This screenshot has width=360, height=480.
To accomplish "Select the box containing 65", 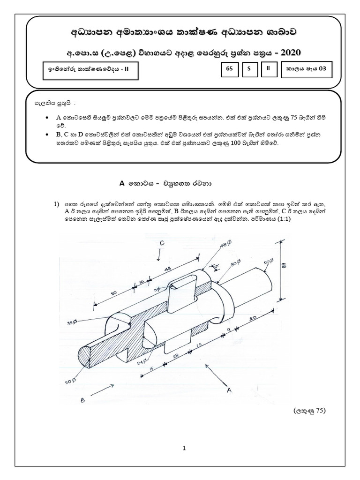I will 229,68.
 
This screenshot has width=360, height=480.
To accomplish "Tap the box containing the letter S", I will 249,68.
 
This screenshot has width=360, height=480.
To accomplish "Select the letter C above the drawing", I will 161,243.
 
